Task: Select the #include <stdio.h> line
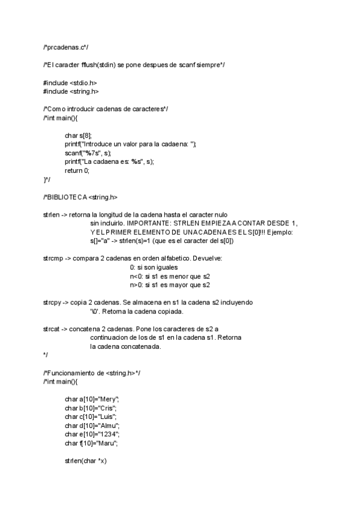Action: (x=70, y=82)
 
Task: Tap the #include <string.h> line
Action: (x=71, y=91)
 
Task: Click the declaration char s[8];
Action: (x=79, y=136)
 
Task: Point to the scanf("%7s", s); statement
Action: (x=88, y=153)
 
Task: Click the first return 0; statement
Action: (x=77, y=170)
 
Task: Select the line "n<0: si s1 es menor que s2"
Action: (x=170, y=276)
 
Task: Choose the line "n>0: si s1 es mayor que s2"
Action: (x=170, y=285)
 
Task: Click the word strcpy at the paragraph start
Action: (x=52, y=303)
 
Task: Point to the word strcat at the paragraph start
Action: (x=52, y=329)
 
